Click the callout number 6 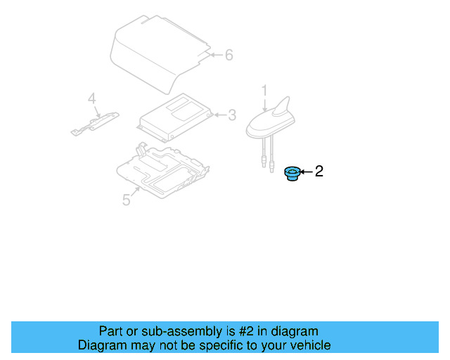pos(229,55)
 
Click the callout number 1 pos(264,91)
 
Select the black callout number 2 pos(319,172)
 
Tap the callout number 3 pos(232,115)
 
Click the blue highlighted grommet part pos(292,174)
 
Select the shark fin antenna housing pos(271,120)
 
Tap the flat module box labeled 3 pos(175,117)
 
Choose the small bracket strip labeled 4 pos(95,124)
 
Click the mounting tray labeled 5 pos(163,171)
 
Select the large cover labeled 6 pos(160,55)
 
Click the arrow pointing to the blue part pos(307,172)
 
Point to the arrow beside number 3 pos(220,115)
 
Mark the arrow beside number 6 pos(217,55)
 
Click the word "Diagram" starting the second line pos(102,345)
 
